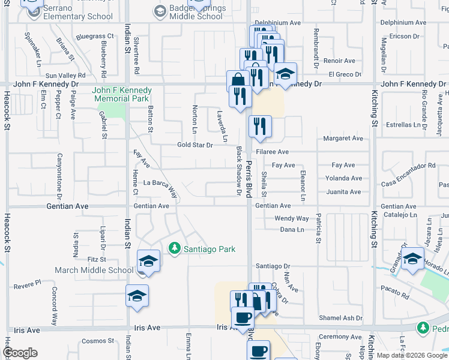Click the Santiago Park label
point(209,249)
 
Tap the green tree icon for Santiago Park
point(175,248)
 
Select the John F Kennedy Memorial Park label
point(121,94)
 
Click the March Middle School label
point(94,270)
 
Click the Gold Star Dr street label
point(195,145)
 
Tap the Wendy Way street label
point(292,219)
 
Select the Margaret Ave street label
point(343,139)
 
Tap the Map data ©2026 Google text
point(412,355)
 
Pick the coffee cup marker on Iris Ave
point(243,317)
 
